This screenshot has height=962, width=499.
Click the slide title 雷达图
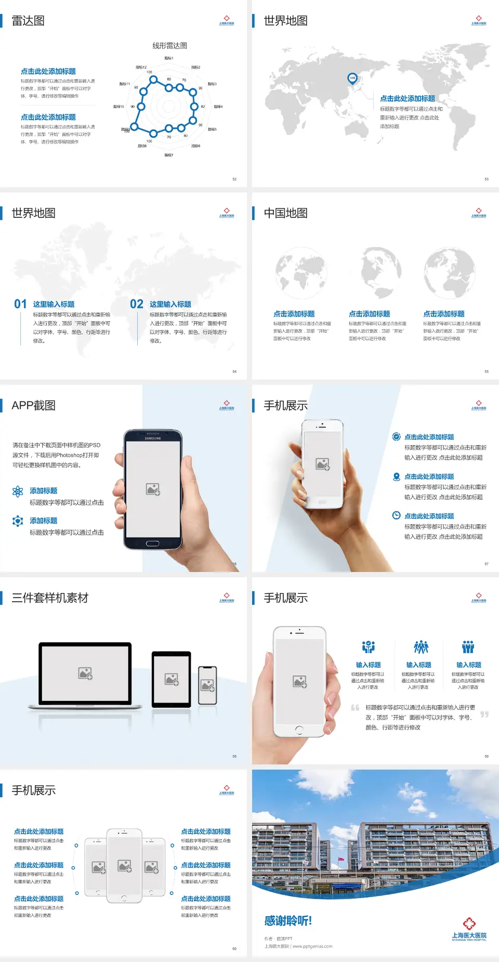[x=28, y=21]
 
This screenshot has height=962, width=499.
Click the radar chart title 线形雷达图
[x=169, y=46]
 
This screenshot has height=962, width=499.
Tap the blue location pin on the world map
[x=352, y=79]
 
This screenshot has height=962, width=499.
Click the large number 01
[x=20, y=304]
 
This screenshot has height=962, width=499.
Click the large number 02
[x=137, y=304]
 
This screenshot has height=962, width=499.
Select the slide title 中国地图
[x=285, y=213]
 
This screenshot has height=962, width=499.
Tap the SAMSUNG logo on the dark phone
[x=153, y=438]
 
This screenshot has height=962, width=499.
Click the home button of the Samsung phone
[x=152, y=543]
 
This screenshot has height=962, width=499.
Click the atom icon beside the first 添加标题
[x=18, y=491]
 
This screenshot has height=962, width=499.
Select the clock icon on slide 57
[x=396, y=515]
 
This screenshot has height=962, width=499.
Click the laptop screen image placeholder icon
[x=85, y=673]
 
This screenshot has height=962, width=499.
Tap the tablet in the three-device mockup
[x=172, y=679]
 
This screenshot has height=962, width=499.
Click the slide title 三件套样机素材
[x=50, y=598]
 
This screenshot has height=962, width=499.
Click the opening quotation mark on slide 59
[x=355, y=708]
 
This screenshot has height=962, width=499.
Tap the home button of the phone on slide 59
[x=299, y=730]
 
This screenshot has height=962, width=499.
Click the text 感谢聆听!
[x=288, y=921]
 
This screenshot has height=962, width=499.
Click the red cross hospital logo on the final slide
[x=469, y=923]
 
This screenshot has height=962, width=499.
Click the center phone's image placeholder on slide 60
[x=124, y=866]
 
